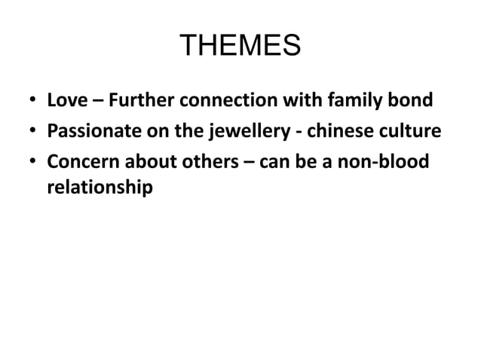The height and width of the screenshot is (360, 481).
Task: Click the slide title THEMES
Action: (x=240, y=47)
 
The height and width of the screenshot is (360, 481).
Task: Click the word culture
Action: (x=400, y=133)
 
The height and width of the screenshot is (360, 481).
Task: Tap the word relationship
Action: (x=100, y=188)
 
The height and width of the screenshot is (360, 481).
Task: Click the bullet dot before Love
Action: (x=31, y=101)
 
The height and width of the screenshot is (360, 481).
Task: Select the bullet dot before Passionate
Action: (x=31, y=133)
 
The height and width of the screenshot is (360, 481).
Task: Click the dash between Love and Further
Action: (x=91, y=101)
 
